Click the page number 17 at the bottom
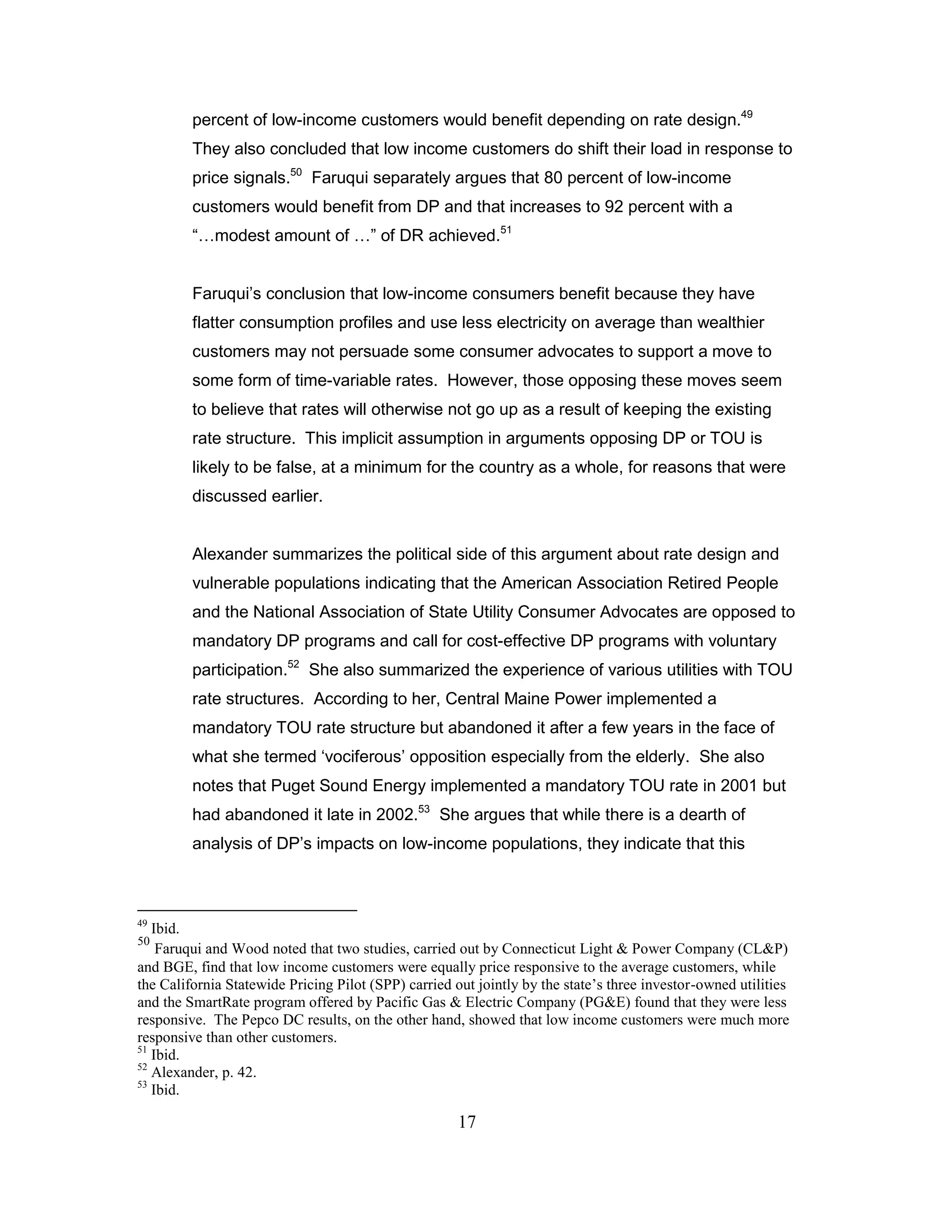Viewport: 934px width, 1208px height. click(467, 1122)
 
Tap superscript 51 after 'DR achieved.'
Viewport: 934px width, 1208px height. click(506, 231)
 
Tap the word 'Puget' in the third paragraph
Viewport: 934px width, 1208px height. click(293, 785)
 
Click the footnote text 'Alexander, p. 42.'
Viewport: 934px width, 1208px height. click(203, 1073)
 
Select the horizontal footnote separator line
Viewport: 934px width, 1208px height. click(247, 910)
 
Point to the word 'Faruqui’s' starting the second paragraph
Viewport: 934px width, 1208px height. click(226, 294)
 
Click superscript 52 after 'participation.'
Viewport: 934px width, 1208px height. click(293, 665)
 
